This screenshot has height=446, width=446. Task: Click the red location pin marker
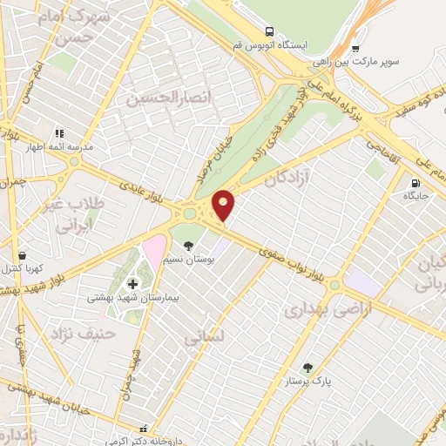point(224,204)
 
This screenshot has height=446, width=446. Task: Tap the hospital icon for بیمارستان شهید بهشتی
point(132,283)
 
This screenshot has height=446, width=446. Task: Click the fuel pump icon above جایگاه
point(416,183)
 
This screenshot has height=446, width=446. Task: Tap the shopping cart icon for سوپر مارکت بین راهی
point(355,50)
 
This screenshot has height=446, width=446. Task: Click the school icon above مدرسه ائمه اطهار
point(59,133)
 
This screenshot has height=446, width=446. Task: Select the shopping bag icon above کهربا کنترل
point(22,256)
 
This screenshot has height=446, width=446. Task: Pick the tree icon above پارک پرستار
point(306,368)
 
